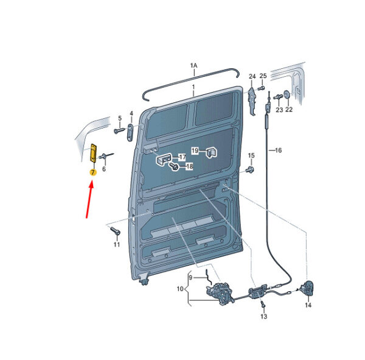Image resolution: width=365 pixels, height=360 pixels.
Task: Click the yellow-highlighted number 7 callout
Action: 93,172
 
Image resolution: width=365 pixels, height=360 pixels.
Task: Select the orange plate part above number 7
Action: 93,153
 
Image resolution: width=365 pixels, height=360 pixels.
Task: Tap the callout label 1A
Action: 193,66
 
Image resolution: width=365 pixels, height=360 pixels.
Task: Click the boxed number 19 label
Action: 195,150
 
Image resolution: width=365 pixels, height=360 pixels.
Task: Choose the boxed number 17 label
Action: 182,157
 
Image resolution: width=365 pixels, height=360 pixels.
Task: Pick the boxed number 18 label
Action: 189,166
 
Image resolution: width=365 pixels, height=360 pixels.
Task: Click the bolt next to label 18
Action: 174,166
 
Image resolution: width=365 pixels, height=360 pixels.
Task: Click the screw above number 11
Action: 116,231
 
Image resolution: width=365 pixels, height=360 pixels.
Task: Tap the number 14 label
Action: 308,305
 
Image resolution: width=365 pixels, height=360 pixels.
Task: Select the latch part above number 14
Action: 307,289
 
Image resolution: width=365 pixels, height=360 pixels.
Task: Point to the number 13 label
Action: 263,316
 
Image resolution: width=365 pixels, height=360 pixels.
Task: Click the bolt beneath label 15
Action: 250,170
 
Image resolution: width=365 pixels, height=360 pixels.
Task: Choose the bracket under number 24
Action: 252,101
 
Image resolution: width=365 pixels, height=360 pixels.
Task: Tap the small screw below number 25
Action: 262,88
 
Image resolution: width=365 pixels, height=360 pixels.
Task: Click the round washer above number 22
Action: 287,94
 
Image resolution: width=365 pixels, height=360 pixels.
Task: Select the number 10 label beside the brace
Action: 180,289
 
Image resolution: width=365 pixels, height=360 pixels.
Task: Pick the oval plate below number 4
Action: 130,133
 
